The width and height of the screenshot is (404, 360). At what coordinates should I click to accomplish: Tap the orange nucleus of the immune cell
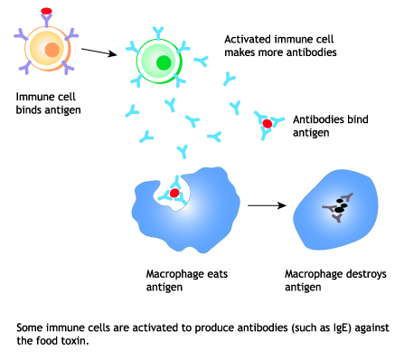[53, 49]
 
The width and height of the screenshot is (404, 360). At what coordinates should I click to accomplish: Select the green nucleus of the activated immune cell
[163, 63]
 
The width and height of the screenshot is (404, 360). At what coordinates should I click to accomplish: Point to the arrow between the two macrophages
[263, 205]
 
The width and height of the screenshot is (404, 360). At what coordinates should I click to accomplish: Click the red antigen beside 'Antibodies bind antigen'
[268, 122]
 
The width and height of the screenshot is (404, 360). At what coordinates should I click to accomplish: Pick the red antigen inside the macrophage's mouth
[174, 194]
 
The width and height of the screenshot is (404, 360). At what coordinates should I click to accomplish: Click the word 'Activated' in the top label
[248, 40]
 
